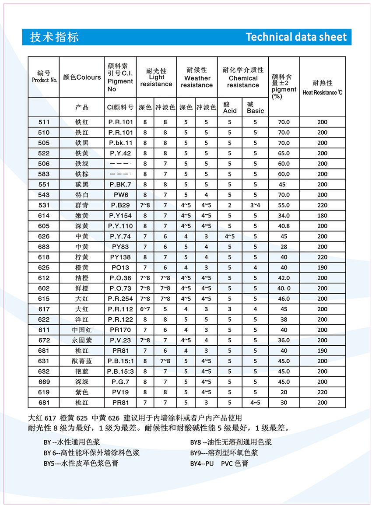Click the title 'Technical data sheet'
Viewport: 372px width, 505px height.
tap(296, 37)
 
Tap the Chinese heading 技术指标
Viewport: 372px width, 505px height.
tap(54, 37)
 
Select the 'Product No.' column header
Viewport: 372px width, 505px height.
tap(44, 77)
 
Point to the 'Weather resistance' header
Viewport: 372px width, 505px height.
tap(197, 77)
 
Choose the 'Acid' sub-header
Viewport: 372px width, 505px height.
tap(229, 108)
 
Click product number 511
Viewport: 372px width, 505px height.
tap(44, 122)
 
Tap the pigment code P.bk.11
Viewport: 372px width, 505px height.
tap(120, 143)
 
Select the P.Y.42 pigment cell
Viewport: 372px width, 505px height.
tap(120, 153)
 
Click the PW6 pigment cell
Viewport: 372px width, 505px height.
tap(120, 195)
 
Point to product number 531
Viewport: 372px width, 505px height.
tap(44, 205)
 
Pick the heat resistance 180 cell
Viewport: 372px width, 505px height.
tap(322, 215)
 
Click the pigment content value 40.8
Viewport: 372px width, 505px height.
tap(284, 226)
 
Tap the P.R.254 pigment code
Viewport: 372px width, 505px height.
tap(120, 298)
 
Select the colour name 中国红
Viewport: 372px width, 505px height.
tap(82, 330)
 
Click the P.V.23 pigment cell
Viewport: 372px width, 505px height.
tap(120, 340)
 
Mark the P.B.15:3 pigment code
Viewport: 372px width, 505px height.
tap(120, 372)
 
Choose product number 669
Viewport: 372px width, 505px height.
tap(44, 382)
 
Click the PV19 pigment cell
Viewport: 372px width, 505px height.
tap(120, 393)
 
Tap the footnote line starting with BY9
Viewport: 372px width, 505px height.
tap(224, 452)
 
